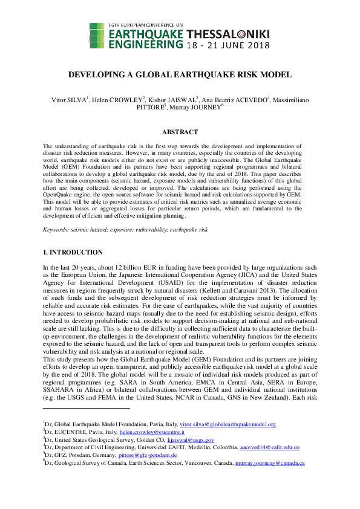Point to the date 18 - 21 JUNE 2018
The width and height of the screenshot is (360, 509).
point(227,45)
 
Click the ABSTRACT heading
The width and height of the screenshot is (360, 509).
point(180,132)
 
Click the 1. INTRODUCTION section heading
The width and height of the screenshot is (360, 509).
point(73,252)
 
